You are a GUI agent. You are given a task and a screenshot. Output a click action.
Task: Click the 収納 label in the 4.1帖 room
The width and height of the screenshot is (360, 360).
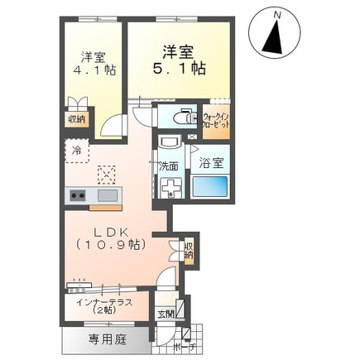tap(75, 118)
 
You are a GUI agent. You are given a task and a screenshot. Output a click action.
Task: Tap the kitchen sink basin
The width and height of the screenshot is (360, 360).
tap(107, 196)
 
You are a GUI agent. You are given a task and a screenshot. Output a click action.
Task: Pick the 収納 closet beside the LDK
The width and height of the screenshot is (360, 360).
tap(189, 250)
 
